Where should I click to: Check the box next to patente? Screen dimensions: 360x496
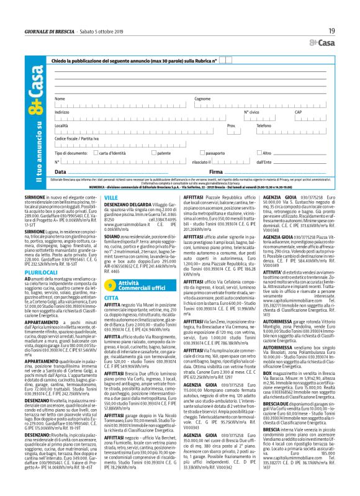[x=140, y=152]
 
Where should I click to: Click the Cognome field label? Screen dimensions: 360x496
[x=202, y=99]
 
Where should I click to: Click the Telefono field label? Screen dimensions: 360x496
[x=264, y=125]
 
